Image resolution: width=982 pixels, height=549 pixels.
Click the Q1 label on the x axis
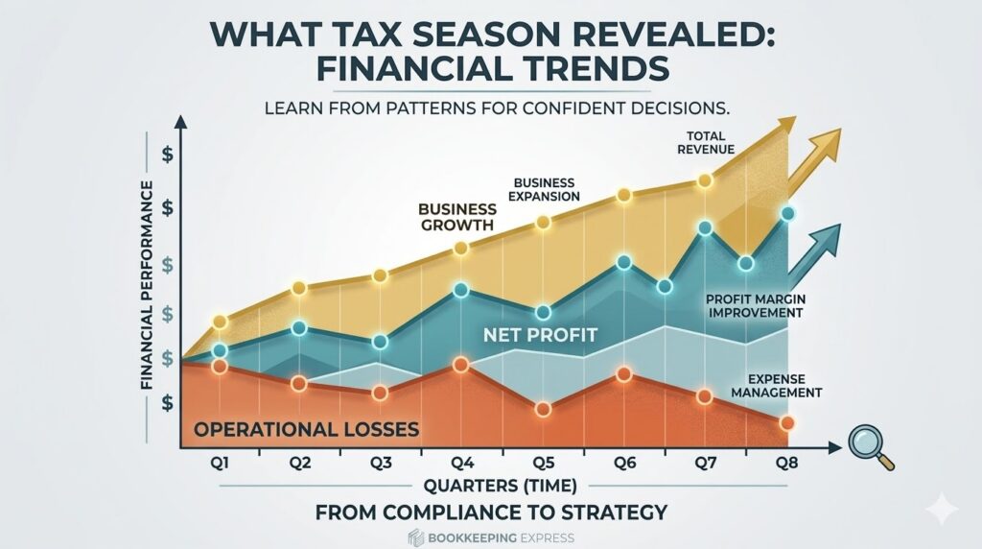tap(221, 464)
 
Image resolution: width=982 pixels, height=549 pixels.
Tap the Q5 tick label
tap(543, 464)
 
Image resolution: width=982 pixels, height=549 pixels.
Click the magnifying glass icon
tap(869, 444)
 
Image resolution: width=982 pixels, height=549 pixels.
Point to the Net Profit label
tap(540, 335)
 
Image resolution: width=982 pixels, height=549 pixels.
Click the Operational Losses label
tap(306, 428)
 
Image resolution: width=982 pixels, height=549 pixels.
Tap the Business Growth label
tap(456, 217)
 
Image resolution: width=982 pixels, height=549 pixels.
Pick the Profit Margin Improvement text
tap(755, 305)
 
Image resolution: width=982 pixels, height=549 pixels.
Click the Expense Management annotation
tap(777, 386)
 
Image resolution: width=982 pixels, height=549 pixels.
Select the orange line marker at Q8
tap(787, 423)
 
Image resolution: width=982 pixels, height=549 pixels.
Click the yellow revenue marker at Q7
tap(706, 180)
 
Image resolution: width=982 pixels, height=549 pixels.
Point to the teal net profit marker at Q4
tap(461, 294)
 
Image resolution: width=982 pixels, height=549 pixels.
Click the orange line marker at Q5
tap(543, 409)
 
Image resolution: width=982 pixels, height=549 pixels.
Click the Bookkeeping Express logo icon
tap(415, 537)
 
